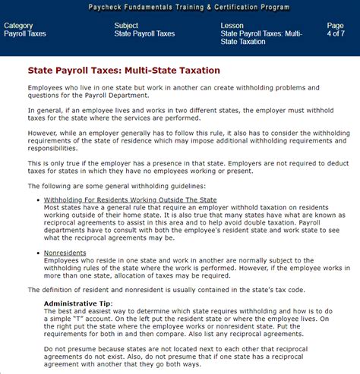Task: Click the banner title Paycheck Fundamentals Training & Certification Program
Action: [x=180, y=7]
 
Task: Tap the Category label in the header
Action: [x=18, y=26]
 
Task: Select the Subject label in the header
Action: [x=126, y=26]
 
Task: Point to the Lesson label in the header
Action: [x=232, y=26]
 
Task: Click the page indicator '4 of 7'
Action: [x=335, y=34]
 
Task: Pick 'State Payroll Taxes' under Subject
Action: [x=144, y=34]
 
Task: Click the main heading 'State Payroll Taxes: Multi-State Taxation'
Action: [x=124, y=71]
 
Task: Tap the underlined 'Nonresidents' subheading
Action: [x=66, y=252]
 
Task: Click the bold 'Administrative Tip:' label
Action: [x=78, y=303]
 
